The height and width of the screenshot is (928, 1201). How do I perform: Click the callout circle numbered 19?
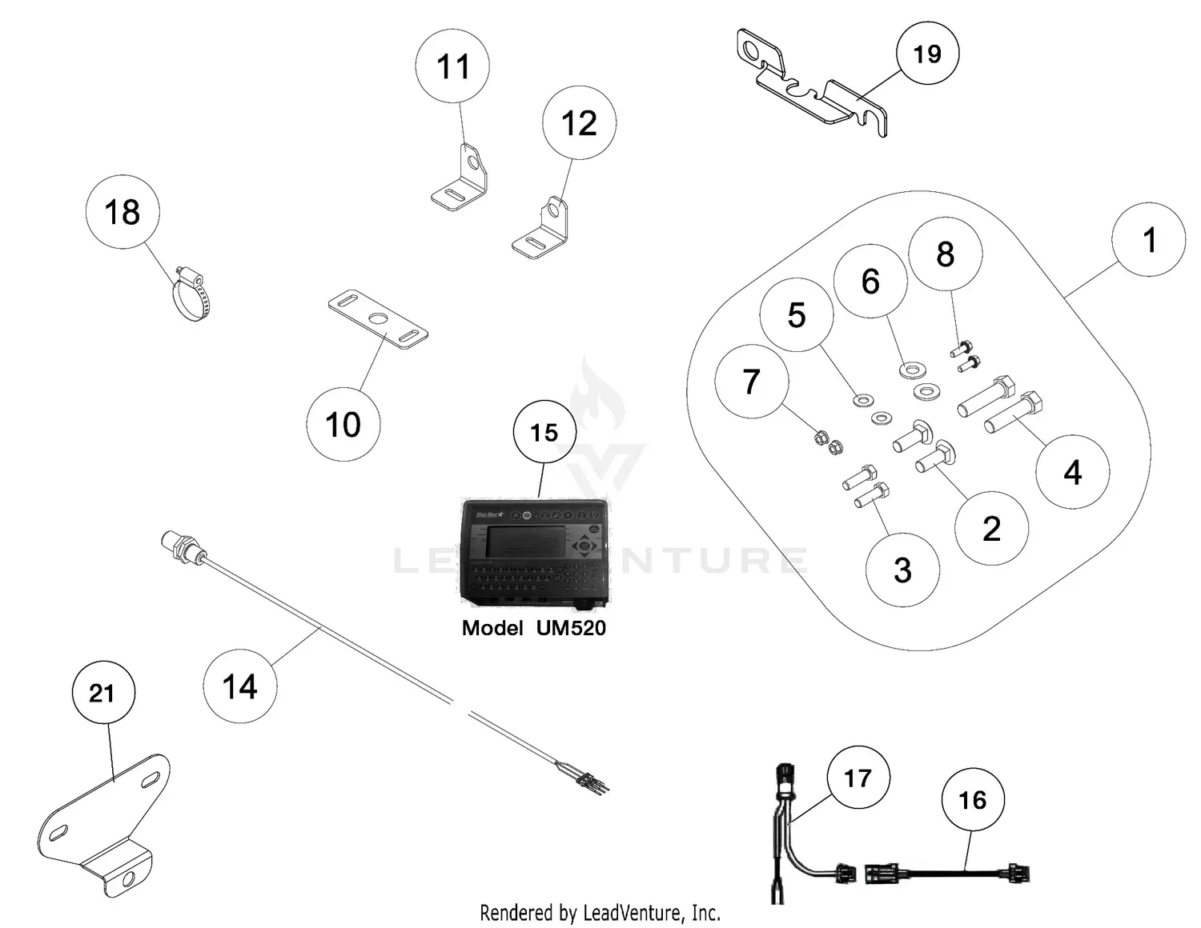(927, 54)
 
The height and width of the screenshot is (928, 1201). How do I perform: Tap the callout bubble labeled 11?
(453, 66)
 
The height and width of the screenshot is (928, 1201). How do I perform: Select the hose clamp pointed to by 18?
(191, 296)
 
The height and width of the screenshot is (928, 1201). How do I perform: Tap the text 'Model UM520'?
(533, 628)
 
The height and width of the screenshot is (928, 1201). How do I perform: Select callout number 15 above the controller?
(544, 433)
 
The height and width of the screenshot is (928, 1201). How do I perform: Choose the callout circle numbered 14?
(239, 686)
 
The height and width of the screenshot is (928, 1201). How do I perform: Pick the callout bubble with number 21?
(102, 693)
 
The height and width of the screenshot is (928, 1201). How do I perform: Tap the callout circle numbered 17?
(858, 778)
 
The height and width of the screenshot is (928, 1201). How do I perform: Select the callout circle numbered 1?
(1148, 240)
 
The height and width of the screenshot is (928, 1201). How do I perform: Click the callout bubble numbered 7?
(751, 382)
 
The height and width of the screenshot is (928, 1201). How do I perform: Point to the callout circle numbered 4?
(1072, 472)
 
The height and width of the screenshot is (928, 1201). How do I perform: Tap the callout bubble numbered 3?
(902, 570)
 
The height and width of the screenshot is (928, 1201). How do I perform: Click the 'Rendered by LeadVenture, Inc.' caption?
(600, 912)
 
